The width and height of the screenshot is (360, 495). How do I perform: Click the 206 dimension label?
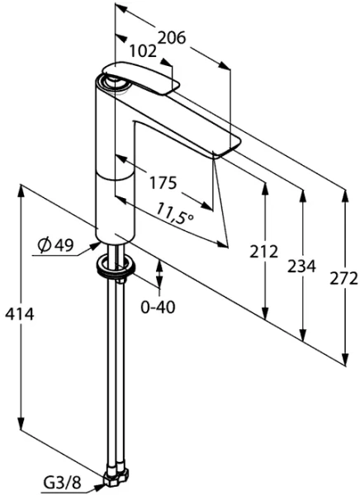171,38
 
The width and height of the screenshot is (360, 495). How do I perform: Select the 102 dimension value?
144,51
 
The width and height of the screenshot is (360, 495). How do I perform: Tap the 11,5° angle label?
173,216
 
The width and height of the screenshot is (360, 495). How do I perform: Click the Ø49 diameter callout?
55,244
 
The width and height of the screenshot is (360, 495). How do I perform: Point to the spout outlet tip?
225,150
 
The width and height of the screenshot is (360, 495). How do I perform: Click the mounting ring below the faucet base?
116,266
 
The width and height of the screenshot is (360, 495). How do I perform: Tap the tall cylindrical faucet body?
116,165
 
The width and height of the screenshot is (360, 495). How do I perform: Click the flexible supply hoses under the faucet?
115,371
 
